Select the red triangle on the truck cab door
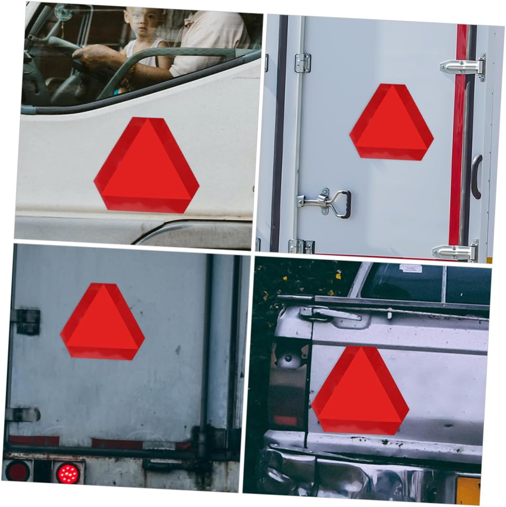coord(147,164)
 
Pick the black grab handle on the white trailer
coord(477,176)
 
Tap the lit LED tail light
coord(68,472)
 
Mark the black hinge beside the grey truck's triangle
coord(28,322)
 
